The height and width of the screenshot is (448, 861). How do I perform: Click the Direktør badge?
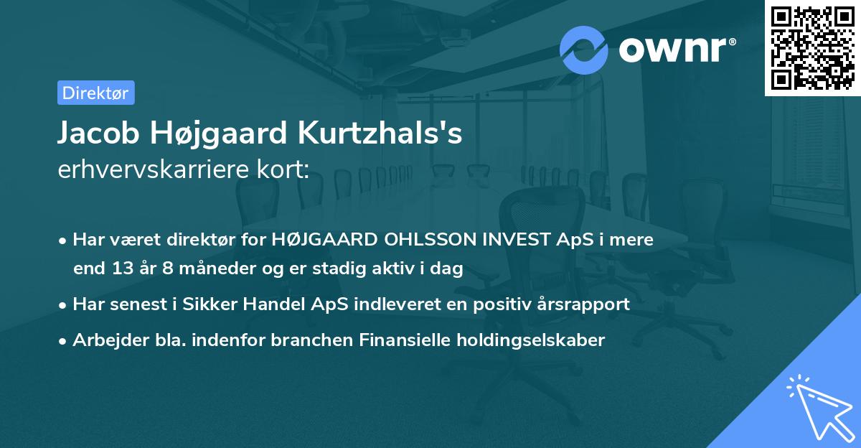pyautogui.click(x=95, y=93)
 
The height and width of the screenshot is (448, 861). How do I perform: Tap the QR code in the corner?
pyautogui.click(x=812, y=48)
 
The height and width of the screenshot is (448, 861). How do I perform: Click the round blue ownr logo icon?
pyautogui.click(x=583, y=50)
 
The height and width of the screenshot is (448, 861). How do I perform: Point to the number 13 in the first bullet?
pyautogui.click(x=121, y=269)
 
